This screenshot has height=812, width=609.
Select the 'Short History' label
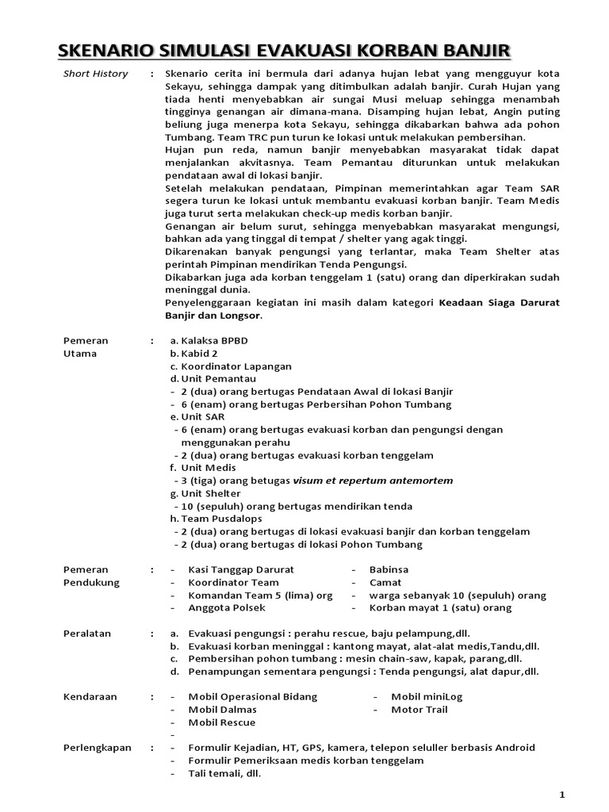(x=95, y=74)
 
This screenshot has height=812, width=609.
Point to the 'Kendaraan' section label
(x=90, y=696)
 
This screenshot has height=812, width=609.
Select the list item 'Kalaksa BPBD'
(x=214, y=340)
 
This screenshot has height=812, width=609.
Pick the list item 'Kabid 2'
(x=199, y=353)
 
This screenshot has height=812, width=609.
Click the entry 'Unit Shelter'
(x=213, y=493)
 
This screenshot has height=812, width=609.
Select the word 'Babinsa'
(x=389, y=569)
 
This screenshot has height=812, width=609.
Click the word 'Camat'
(x=385, y=582)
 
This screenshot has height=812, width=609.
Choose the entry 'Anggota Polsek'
(x=227, y=607)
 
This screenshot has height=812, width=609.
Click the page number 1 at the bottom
(x=561, y=794)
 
